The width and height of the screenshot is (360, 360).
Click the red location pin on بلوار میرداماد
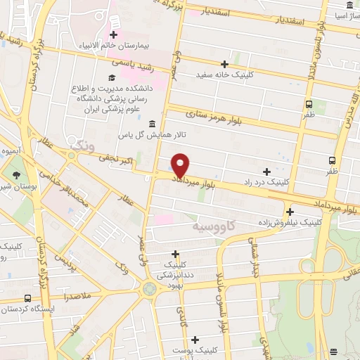pos(181,165)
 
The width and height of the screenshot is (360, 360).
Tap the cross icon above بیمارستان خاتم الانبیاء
pos(112,34)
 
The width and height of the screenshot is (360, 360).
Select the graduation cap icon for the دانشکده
pos(112,77)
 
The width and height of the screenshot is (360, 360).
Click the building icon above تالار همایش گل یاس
pos(152,123)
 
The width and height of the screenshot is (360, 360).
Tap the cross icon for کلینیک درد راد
pos(266,171)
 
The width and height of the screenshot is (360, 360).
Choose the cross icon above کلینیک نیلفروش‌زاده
pos(290,211)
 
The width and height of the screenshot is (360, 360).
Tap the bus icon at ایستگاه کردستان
pos(27,298)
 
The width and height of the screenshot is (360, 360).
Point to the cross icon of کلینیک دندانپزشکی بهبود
pos(175,254)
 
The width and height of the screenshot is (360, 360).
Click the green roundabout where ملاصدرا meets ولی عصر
pos(149,288)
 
